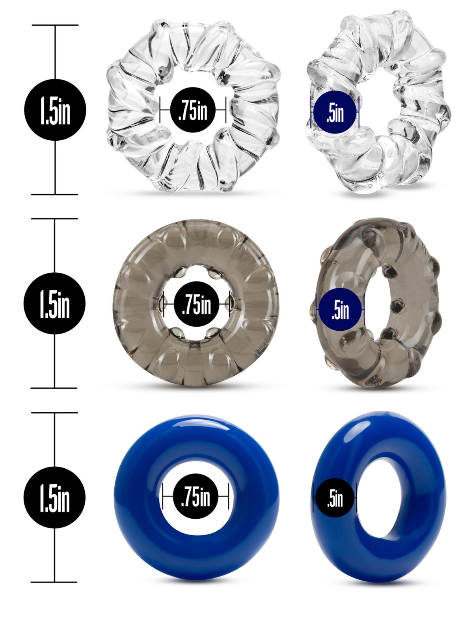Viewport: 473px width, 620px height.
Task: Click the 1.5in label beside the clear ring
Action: [x=55, y=110]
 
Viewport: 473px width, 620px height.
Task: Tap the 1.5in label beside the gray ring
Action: [x=54, y=303]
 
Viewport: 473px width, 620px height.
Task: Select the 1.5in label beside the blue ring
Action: [x=54, y=497]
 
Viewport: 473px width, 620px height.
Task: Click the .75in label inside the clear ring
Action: [x=193, y=110]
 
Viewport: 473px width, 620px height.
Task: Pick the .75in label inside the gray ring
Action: [x=197, y=304]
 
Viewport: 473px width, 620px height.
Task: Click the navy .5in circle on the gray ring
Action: [x=340, y=309]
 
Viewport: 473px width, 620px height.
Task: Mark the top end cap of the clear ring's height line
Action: [x=55, y=25]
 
